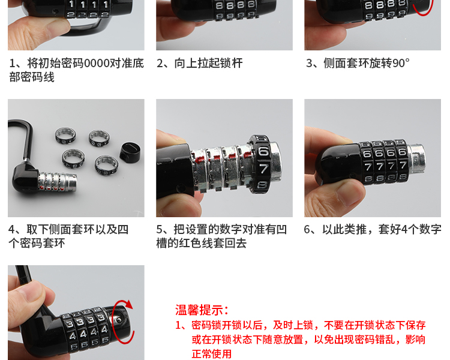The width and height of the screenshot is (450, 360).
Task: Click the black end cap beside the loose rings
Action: pos(130,152)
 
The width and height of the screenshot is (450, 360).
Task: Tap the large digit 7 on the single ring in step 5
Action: pos(264,169)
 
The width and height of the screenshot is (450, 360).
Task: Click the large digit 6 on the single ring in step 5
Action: pos(263,151)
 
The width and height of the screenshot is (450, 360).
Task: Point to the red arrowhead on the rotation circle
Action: pos(128,304)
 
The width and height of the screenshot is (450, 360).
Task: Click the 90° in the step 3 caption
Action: pos(401,63)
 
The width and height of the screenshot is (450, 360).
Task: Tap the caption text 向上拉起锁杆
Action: pos(209,63)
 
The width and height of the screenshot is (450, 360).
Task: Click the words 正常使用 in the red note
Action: pos(212,353)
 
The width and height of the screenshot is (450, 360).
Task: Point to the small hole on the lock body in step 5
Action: pos(181,188)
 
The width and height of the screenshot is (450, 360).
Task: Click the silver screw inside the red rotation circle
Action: pos(119,320)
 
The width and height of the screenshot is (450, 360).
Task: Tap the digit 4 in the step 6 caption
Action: pos(404,230)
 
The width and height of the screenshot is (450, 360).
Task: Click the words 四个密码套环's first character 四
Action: pos(123,230)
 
